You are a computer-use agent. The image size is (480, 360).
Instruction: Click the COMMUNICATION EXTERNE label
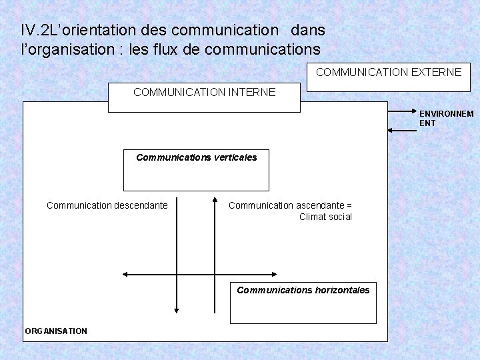click(x=388, y=71)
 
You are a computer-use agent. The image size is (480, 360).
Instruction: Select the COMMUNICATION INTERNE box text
click(x=204, y=93)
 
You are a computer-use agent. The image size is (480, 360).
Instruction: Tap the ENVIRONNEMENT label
click(x=446, y=118)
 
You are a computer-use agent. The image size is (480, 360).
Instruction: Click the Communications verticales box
click(x=197, y=170)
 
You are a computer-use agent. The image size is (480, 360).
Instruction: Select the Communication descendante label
click(x=107, y=205)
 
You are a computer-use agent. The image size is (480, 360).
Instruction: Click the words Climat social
click(x=325, y=217)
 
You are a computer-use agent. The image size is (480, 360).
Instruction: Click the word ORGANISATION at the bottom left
click(x=56, y=331)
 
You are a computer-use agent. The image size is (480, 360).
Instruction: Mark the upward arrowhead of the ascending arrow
click(x=215, y=200)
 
